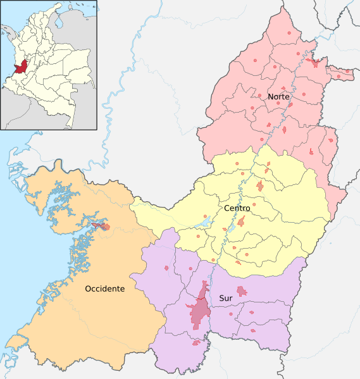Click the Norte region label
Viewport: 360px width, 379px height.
click(x=278, y=97)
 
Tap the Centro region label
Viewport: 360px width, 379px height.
click(x=235, y=208)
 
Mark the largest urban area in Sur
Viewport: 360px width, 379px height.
click(x=200, y=308)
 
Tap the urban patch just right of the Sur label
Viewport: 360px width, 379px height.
click(x=242, y=291)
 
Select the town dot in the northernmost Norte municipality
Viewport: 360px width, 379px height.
click(x=290, y=32)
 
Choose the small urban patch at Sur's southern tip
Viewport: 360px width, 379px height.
click(x=196, y=343)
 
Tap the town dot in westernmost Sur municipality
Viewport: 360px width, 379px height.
click(x=166, y=268)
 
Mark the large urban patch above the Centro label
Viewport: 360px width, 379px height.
click(x=261, y=186)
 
